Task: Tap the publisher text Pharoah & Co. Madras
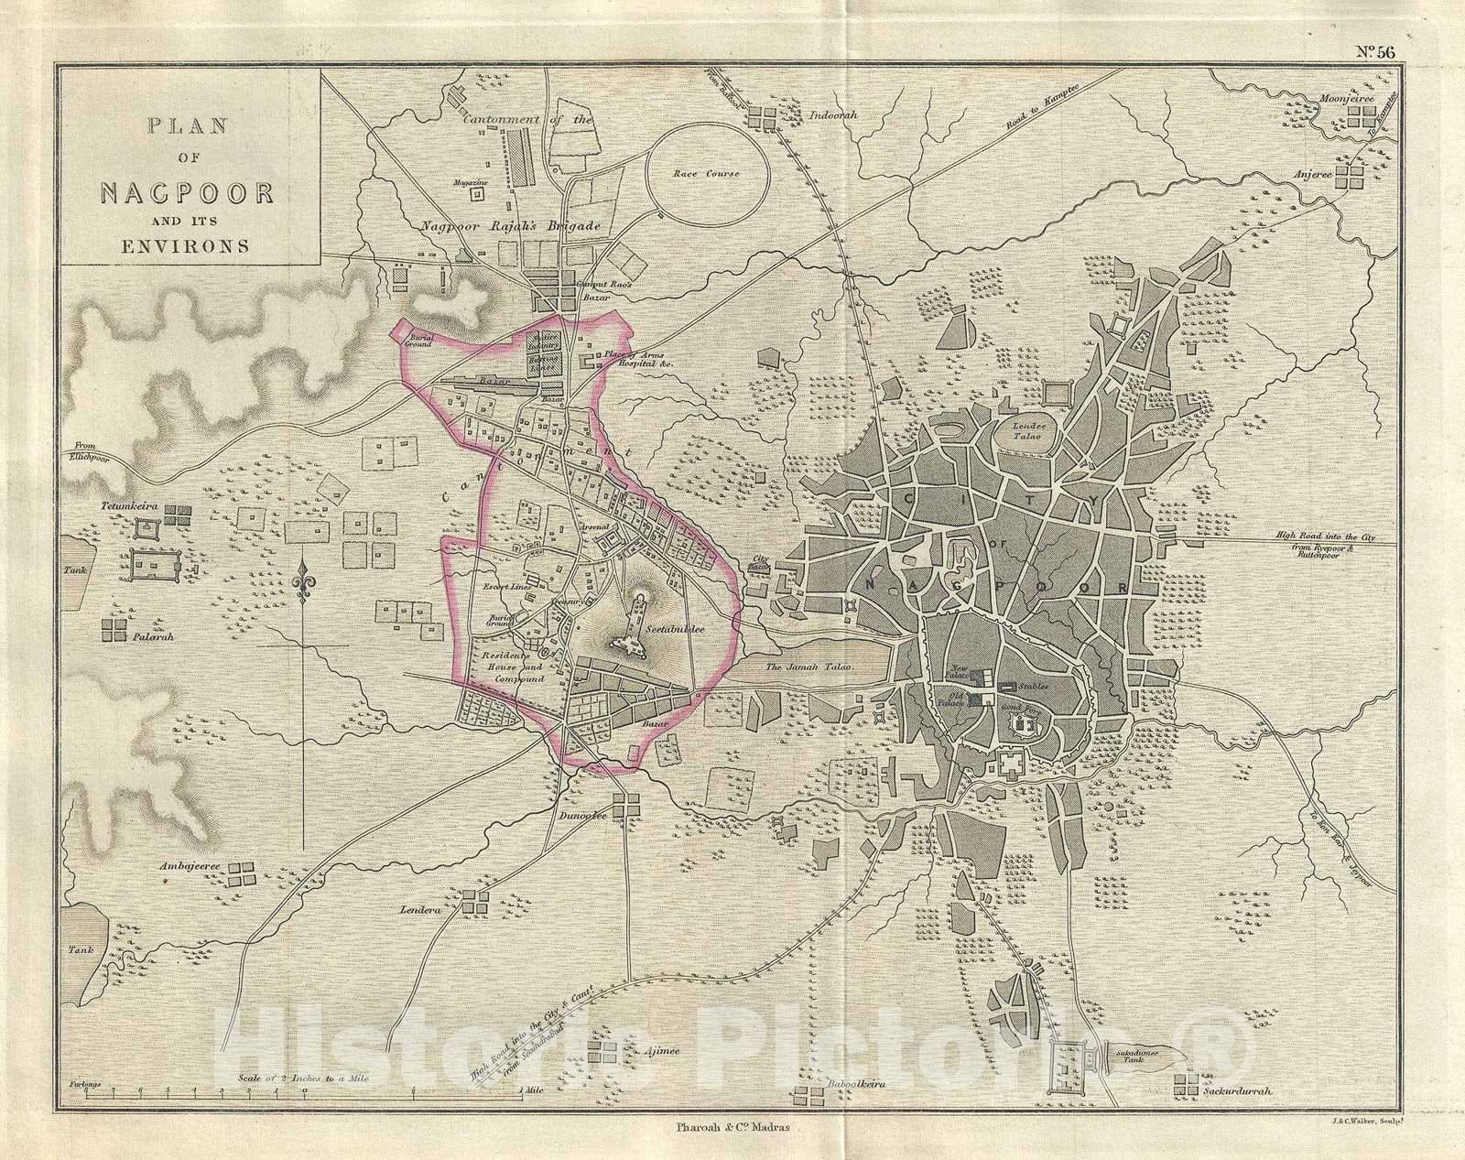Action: (731, 1128)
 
